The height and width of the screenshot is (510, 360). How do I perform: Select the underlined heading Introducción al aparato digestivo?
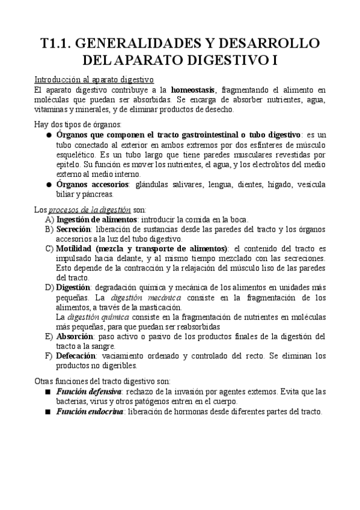(94, 79)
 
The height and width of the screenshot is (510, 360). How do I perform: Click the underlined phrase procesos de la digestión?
(90, 210)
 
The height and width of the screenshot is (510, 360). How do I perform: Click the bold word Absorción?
(76, 336)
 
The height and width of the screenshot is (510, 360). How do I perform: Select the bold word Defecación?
(79, 355)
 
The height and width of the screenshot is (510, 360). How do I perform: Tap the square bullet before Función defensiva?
(48, 392)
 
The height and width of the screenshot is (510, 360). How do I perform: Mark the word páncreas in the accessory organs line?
(96, 194)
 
